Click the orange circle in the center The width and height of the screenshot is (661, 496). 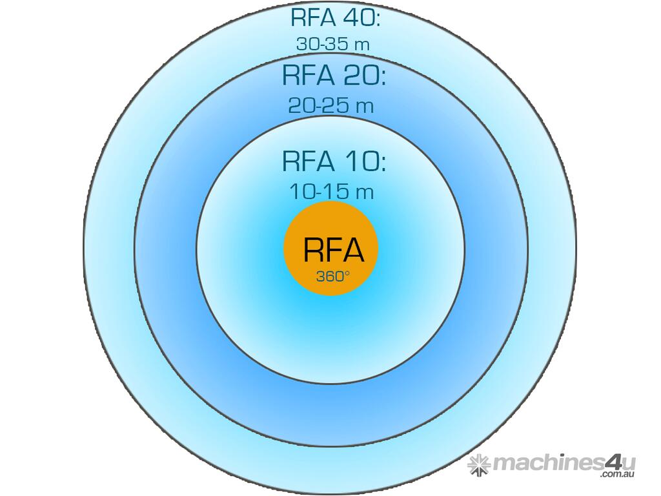[x=330, y=248]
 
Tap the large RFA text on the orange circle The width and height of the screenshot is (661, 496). [x=333, y=249]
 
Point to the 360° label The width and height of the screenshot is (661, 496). [x=333, y=276]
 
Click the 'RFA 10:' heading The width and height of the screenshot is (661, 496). [x=334, y=161]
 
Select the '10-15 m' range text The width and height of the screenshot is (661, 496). [x=330, y=192]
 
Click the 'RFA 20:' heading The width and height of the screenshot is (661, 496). [x=334, y=76]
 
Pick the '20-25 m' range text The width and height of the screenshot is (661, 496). [x=330, y=105]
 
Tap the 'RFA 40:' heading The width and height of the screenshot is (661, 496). [x=335, y=17]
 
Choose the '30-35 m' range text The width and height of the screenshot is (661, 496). [x=332, y=44]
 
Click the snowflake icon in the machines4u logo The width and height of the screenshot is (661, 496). [x=480, y=464]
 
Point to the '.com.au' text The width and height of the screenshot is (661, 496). [x=618, y=475]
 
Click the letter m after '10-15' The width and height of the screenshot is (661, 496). [x=367, y=192]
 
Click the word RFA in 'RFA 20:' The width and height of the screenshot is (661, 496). [x=307, y=76]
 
